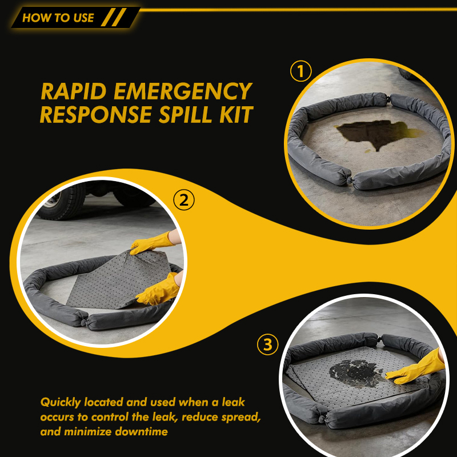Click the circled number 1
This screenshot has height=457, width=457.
[x=301, y=71]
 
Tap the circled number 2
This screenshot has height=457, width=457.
[x=183, y=200]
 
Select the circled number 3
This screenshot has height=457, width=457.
[x=267, y=344]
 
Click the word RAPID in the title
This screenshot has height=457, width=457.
[x=74, y=91]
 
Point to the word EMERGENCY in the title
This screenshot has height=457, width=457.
[x=183, y=91]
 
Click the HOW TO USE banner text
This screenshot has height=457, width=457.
[x=58, y=18]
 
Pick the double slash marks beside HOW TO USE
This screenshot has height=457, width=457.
[x=114, y=17]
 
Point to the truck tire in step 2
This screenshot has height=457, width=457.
[x=62, y=201]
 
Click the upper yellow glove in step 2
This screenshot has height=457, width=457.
[x=151, y=242]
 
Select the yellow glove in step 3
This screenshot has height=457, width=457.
[x=417, y=368]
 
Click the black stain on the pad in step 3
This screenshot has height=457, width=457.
[x=356, y=373]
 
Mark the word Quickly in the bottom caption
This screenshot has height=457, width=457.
[x=61, y=403]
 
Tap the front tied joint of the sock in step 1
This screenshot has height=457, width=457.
[x=350, y=180]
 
